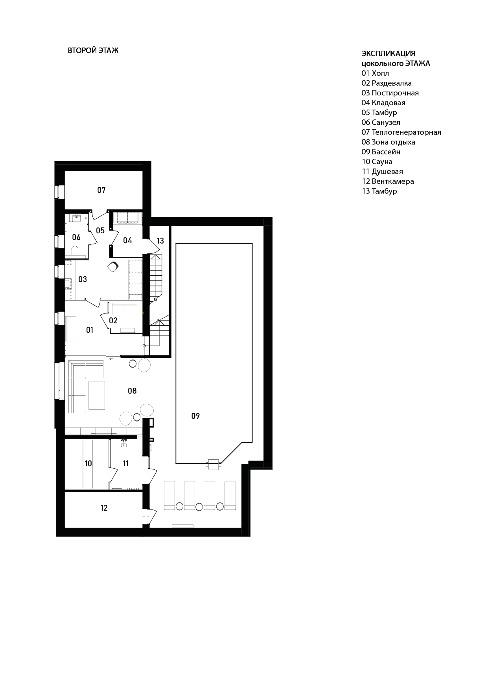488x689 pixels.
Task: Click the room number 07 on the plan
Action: click(x=101, y=190)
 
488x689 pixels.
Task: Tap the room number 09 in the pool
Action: click(x=195, y=416)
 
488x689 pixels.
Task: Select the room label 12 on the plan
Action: click(x=104, y=508)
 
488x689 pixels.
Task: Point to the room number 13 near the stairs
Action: click(x=160, y=241)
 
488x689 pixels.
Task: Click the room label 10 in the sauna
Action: click(x=88, y=464)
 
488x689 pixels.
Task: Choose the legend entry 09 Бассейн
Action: click(x=381, y=152)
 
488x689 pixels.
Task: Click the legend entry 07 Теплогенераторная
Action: click(x=401, y=132)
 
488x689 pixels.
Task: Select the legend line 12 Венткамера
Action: click(x=388, y=181)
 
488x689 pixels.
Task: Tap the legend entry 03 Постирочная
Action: click(x=390, y=93)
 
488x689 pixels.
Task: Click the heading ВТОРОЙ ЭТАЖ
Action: click(x=93, y=51)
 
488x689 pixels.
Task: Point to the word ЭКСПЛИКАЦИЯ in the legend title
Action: click(x=389, y=53)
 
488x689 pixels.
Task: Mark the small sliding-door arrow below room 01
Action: click(x=112, y=359)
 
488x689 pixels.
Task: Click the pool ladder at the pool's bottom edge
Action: click(x=213, y=464)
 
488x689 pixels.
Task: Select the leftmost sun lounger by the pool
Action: click(x=169, y=495)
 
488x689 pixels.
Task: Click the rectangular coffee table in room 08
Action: click(x=97, y=395)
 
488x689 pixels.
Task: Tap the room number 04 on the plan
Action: click(x=127, y=240)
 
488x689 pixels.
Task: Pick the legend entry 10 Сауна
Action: click(x=377, y=161)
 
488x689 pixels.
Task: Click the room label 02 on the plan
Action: click(x=113, y=321)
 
